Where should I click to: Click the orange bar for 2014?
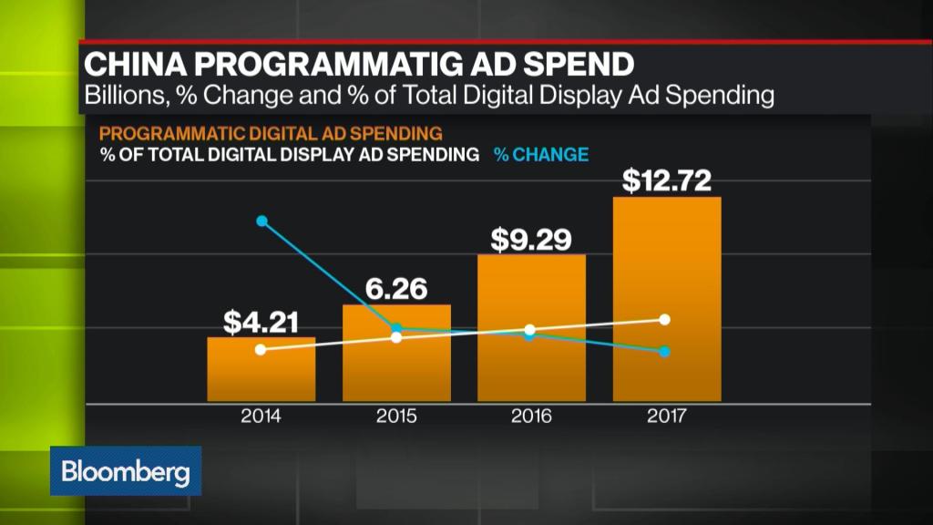pos(261,369)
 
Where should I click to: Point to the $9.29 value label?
pos(531,239)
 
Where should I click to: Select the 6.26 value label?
pos(396,289)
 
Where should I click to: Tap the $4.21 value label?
pos(261,322)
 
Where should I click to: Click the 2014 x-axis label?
pos(261,417)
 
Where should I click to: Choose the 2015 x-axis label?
pos(396,417)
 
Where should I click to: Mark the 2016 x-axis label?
pos(531,417)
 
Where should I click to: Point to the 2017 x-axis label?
pos(667,417)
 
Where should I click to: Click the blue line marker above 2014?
pos(262,221)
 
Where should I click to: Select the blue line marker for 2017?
pos(665,352)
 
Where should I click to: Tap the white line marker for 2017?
pos(665,319)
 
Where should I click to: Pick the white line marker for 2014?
pos(261,350)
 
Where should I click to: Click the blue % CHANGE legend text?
pos(541,155)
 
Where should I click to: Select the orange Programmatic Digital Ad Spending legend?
pos(264,133)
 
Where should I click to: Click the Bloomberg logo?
pos(126,472)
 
